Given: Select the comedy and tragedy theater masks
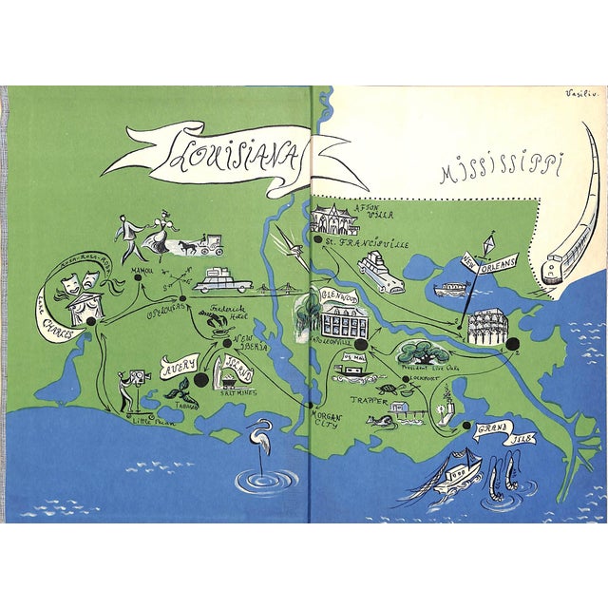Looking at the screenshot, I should [80, 279].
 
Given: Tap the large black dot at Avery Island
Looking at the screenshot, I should [199, 381].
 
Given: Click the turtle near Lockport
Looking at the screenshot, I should [387, 388].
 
